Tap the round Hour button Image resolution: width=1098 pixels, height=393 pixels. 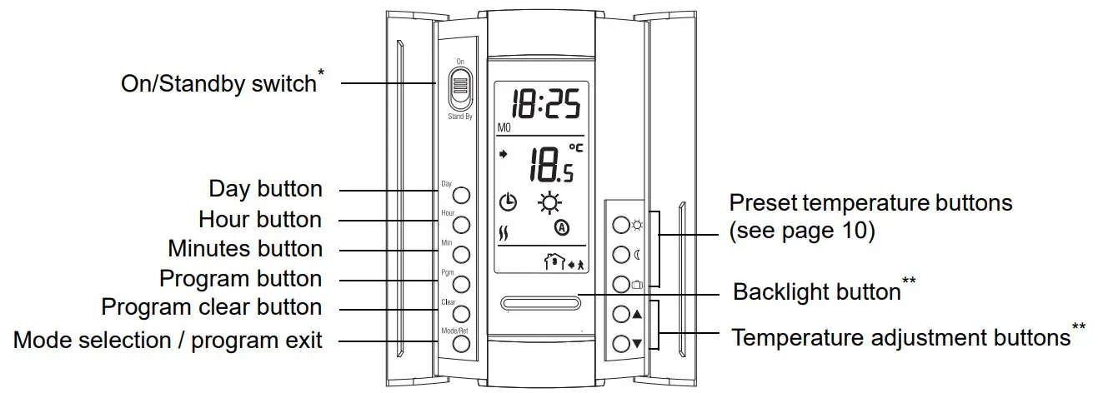pos(460,225)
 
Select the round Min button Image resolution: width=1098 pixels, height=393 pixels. pos(460,254)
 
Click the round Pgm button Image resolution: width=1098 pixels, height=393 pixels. pos(460,283)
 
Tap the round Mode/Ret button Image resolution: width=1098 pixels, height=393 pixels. pos(460,343)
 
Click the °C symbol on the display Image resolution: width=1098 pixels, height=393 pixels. pos(576,148)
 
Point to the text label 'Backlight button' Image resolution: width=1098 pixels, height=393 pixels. pos(816,292)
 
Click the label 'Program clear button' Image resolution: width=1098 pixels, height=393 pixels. pos(212,307)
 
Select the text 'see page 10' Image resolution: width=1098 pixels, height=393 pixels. pos(801,231)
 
